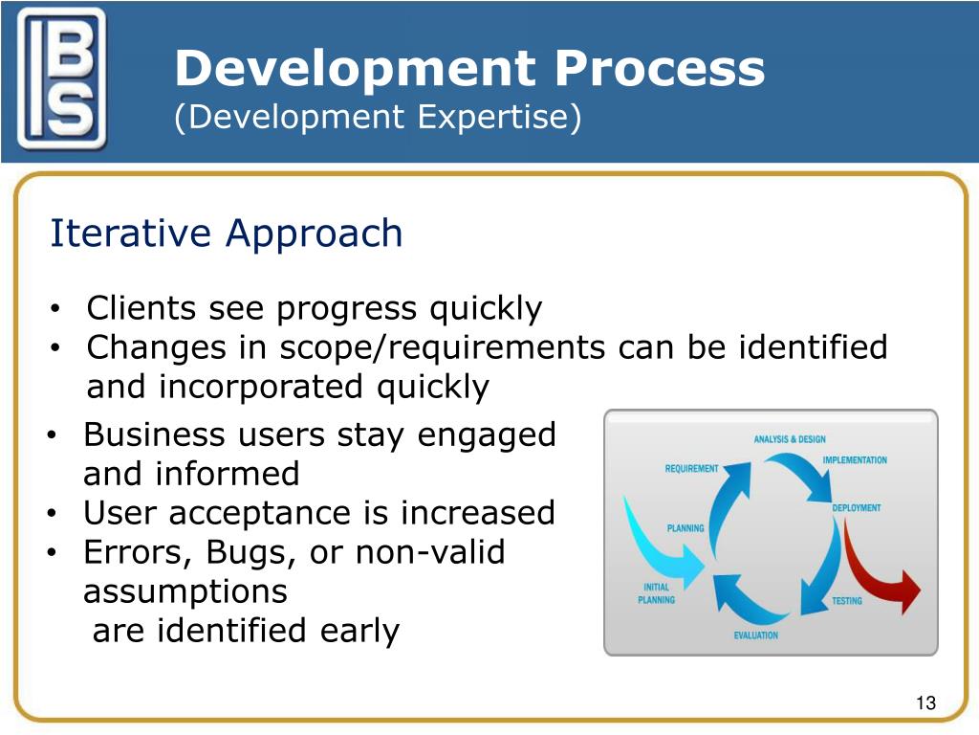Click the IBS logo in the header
click(61, 78)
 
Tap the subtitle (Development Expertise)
click(378, 117)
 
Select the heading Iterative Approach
click(226, 234)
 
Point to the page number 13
click(925, 703)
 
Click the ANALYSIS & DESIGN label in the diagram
click(790, 439)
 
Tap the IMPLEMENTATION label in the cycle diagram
click(855, 460)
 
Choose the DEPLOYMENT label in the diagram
click(857, 507)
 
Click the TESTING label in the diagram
click(847, 601)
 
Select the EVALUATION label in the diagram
click(756, 635)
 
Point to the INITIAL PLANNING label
click(656, 593)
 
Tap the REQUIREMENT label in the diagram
click(692, 468)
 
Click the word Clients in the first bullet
click(141, 308)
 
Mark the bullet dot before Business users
click(53, 435)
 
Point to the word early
click(359, 632)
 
